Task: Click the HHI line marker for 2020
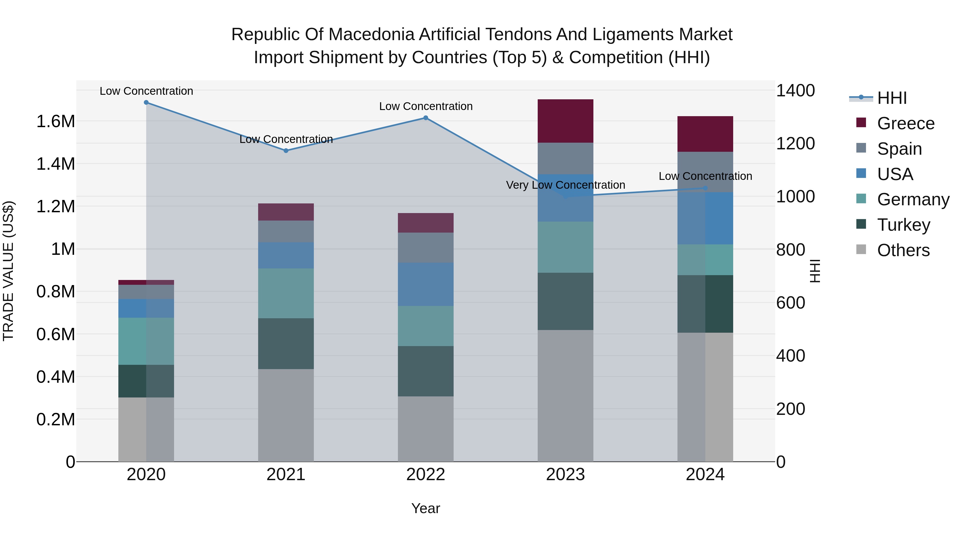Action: coord(146,103)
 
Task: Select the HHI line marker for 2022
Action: coord(425,118)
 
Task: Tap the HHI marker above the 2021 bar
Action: coord(286,151)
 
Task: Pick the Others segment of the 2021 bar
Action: coord(286,415)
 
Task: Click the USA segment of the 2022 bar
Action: coord(425,284)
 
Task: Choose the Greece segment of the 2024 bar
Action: coord(705,134)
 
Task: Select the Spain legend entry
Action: coord(899,149)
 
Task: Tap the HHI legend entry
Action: coord(891,98)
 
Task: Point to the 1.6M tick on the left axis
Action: coord(56,122)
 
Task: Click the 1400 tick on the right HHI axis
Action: coord(795,90)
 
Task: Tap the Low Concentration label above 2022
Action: coord(425,106)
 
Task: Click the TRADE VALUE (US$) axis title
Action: coord(8,271)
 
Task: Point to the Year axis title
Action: coord(425,508)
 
